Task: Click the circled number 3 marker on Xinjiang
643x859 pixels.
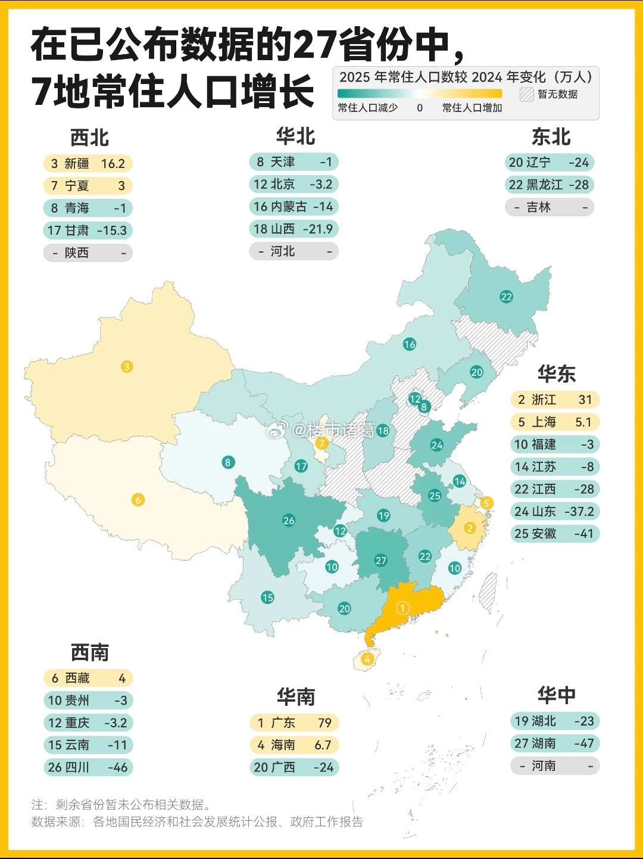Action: pos(127,366)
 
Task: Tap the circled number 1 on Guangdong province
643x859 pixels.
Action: pos(403,608)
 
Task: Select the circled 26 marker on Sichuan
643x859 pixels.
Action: pos(289,520)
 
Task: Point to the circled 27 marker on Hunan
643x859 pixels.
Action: pos(381,560)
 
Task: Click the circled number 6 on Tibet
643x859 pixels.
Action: pos(138,499)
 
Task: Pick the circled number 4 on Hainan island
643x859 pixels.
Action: pos(367,659)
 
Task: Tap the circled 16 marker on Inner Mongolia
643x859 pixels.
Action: pos(410,344)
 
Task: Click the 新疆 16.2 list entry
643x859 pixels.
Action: pos(88,164)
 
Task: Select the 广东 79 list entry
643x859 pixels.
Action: pos(294,723)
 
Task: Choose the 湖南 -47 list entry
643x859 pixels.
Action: pos(554,743)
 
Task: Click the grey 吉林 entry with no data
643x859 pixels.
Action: pos(550,207)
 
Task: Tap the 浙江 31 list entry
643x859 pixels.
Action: pos(554,400)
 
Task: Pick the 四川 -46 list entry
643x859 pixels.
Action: pos(88,767)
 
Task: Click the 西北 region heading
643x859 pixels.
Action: pos(89,138)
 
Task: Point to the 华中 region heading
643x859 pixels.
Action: pos(556,695)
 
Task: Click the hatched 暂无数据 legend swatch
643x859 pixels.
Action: pos(526,94)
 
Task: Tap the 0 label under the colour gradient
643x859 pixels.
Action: pos(420,108)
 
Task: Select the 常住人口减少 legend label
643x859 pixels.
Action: pos(367,108)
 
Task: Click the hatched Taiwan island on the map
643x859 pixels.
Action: pos(488,592)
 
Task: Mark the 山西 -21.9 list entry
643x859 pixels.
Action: pos(294,229)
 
